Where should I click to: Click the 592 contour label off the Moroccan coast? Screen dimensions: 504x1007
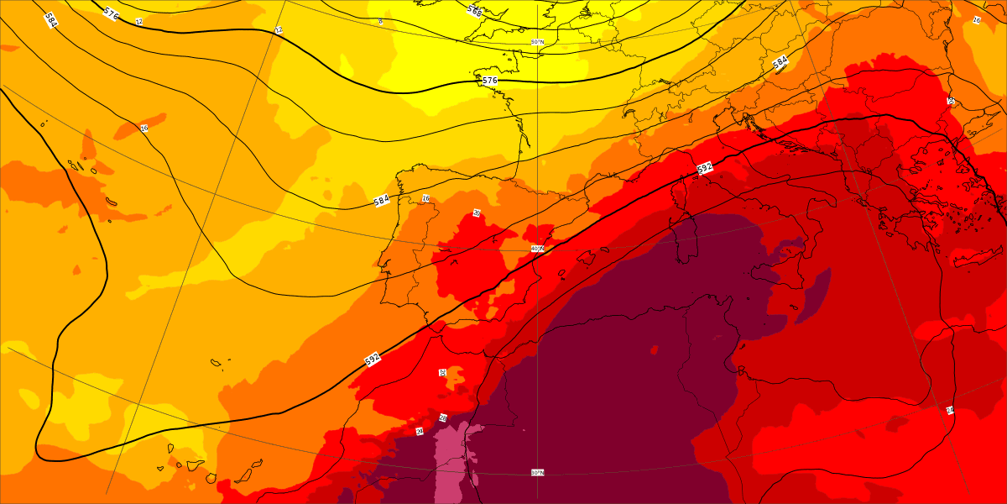coord(373,359)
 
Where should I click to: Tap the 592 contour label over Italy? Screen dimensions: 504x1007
coord(705,168)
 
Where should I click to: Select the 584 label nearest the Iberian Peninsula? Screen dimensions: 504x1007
coord(381,202)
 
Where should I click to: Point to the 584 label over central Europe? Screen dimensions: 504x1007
coord(780,62)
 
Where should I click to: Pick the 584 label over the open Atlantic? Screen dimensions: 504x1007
coord(51,20)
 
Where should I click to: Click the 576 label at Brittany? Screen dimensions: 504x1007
coord(490,81)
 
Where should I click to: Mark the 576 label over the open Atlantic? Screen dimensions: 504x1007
coord(111,13)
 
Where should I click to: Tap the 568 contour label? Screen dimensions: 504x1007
coord(475,10)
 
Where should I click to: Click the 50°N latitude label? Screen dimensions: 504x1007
coord(537,42)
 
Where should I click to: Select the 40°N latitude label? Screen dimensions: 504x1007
coord(537,249)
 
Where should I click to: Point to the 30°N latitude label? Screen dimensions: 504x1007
coord(537,473)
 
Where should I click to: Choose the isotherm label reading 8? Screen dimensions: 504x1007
coord(380,21)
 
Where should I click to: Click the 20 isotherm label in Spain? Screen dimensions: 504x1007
coord(476,213)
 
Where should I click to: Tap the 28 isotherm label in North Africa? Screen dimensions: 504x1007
coord(442,417)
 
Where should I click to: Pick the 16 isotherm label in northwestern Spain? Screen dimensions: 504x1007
coord(425,199)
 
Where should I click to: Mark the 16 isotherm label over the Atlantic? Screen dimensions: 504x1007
coord(144,129)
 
